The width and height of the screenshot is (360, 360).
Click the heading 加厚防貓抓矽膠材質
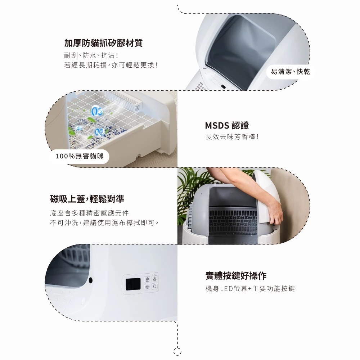click(x=103, y=43)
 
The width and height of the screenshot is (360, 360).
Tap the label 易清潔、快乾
click(x=291, y=72)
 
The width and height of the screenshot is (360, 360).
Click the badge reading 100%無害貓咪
click(x=80, y=156)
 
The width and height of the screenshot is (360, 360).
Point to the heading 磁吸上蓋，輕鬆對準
click(x=87, y=199)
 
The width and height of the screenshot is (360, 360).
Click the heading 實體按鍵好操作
click(x=236, y=275)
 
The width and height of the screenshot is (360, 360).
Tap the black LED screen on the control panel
click(x=133, y=284)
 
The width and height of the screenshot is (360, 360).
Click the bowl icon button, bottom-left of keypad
click(x=147, y=287)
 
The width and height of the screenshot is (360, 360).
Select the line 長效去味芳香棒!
click(x=232, y=137)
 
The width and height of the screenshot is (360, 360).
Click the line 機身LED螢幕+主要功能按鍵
click(x=250, y=289)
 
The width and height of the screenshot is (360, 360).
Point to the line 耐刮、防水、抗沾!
click(x=91, y=55)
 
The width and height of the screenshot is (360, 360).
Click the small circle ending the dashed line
click(x=177, y=352)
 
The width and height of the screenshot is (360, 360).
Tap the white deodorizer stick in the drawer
click(x=124, y=101)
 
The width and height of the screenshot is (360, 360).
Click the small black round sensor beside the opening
click(x=91, y=280)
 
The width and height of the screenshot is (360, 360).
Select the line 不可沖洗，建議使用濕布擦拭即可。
click(x=104, y=223)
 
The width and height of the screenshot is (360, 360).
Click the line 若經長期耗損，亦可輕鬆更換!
click(x=111, y=65)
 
